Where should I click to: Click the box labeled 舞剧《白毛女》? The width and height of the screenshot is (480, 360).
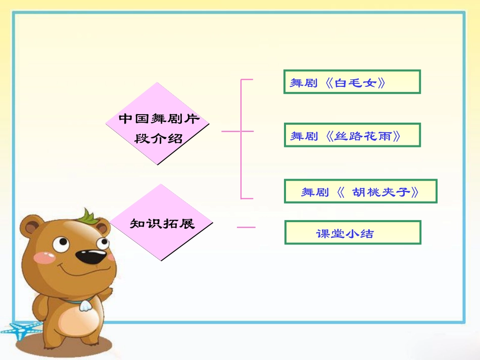pyautogui.click(x=352, y=82)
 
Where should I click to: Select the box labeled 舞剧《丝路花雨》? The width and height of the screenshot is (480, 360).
pyautogui.click(x=352, y=135)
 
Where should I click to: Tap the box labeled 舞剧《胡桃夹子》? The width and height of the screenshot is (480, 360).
pyautogui.click(x=360, y=191)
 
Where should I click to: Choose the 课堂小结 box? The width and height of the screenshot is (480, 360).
pyautogui.click(x=352, y=232)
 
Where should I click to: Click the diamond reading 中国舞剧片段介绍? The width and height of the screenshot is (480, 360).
pyautogui.click(x=158, y=124)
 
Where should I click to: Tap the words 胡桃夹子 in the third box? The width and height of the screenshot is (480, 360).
pyautogui.click(x=381, y=192)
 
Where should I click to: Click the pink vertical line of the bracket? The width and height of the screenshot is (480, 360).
pyautogui.click(x=241, y=139)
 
